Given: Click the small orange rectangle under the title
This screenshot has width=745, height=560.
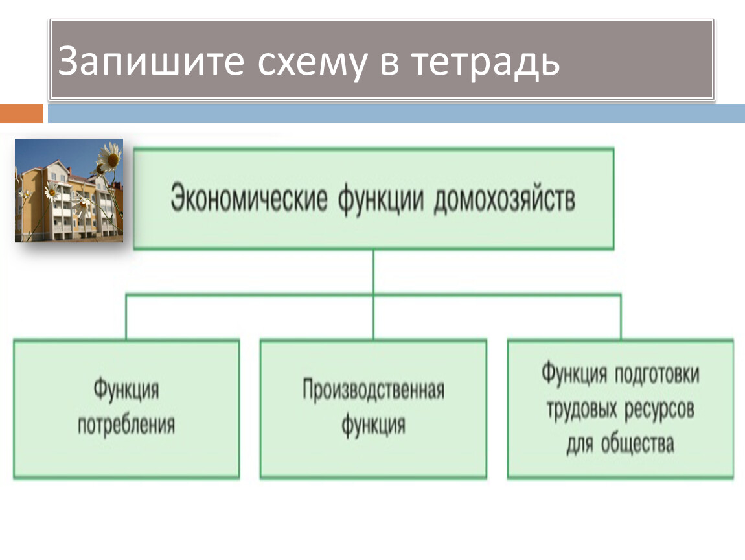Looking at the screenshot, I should coord(21,114).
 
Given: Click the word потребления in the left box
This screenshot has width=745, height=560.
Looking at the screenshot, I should coord(126,426).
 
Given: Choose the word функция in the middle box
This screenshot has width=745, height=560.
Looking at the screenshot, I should coord(373,426).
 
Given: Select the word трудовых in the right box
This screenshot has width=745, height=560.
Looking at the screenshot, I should coord(581,410).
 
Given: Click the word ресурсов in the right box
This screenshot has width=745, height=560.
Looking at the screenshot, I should coord(659,410).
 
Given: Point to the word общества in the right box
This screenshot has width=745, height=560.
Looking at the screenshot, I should coord(638,445).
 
